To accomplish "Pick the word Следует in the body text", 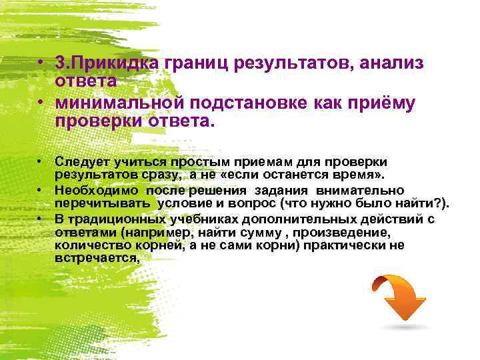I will [x=79, y=162].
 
